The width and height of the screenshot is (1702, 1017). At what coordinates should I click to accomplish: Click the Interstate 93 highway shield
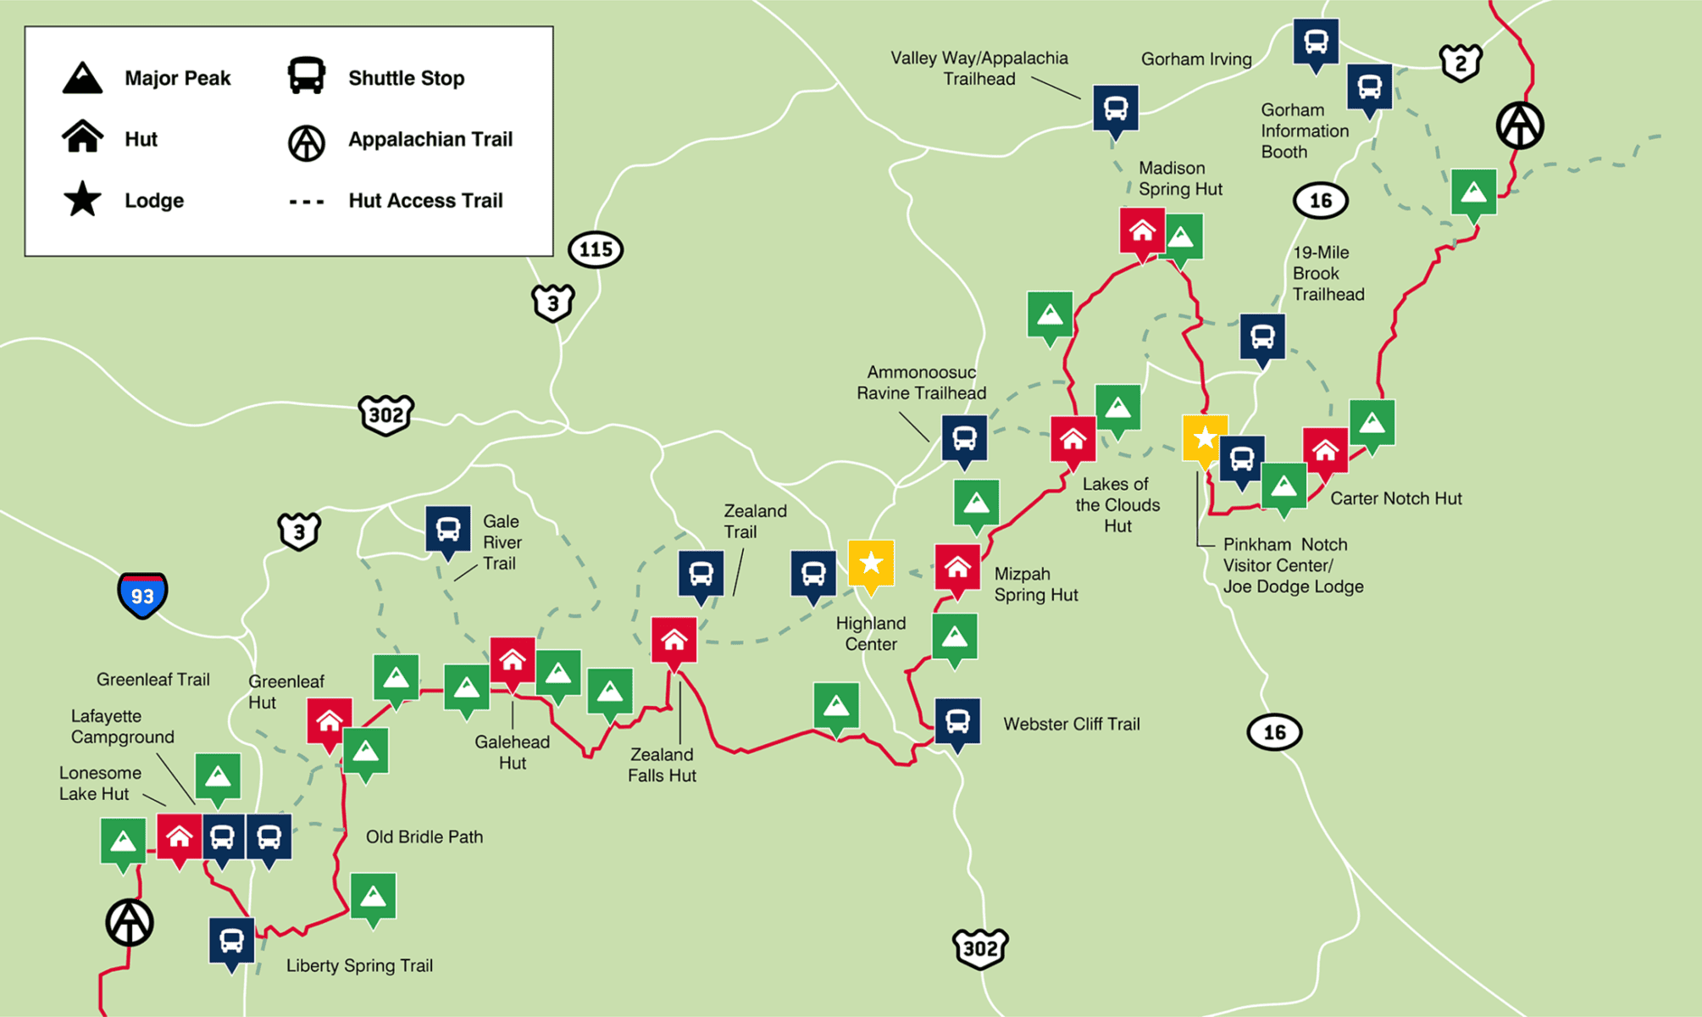[x=142, y=595]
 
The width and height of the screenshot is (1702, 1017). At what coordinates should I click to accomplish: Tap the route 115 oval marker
[x=596, y=250]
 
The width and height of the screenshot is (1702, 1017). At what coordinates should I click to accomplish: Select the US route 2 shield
[x=1461, y=63]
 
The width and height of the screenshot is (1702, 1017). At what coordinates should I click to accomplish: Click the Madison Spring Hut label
[x=1180, y=179]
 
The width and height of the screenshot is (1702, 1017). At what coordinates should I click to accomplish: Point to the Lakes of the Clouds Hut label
[x=1117, y=505]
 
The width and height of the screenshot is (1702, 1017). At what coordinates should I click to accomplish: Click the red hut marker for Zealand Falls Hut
[x=674, y=641]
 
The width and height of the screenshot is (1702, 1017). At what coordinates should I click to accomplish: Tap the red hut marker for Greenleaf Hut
[x=330, y=722]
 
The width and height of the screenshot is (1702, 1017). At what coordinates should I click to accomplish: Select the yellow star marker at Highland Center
[x=871, y=564]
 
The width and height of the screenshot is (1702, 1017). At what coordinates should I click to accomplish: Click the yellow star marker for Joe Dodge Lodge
[x=1205, y=438]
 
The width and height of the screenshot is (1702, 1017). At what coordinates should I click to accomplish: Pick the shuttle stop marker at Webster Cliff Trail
[x=957, y=722]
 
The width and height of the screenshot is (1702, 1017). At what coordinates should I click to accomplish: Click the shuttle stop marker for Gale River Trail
[x=448, y=531]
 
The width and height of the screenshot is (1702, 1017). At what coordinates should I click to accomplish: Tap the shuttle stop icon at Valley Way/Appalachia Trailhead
[x=1116, y=108]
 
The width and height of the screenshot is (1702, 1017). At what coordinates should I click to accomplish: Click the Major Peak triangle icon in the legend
[x=82, y=78]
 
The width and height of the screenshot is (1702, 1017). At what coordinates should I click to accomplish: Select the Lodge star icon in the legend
[x=82, y=200]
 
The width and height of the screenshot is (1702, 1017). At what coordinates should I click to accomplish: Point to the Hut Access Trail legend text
[x=425, y=201]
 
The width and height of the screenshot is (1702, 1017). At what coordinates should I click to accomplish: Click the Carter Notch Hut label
[x=1395, y=498]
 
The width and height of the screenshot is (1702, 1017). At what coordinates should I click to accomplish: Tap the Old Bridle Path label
[x=424, y=837]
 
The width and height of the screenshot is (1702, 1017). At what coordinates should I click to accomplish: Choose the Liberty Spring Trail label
[x=359, y=966]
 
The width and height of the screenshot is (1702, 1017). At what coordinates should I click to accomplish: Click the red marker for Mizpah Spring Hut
[x=957, y=568]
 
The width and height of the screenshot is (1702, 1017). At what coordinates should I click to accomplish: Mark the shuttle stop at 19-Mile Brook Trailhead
[x=1262, y=336]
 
